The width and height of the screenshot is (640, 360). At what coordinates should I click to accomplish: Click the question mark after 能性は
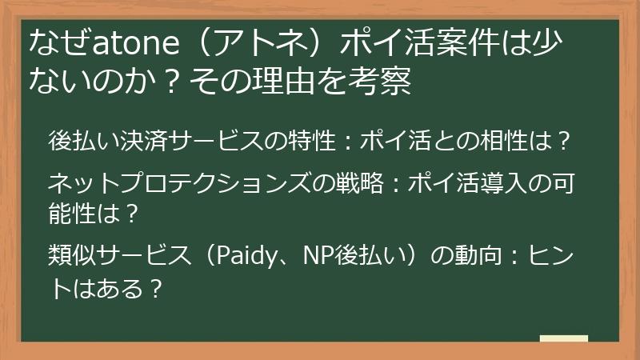[134, 213]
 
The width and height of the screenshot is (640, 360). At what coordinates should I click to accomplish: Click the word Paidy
[245, 257]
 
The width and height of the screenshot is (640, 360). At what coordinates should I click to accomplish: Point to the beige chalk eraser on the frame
[564, 339]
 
